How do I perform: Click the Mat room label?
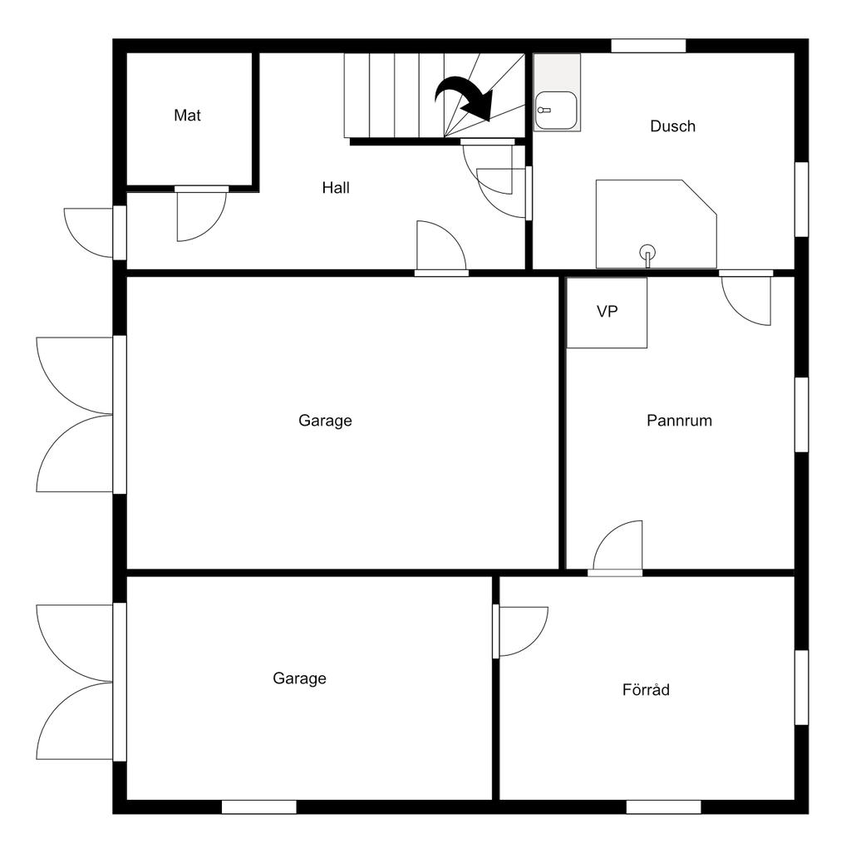(x=187, y=116)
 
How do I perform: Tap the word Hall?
(x=336, y=188)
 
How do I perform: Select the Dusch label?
(x=672, y=126)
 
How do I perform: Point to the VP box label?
(x=608, y=312)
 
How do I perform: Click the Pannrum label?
(x=679, y=421)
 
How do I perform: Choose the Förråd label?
(x=646, y=690)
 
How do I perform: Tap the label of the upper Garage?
(x=325, y=421)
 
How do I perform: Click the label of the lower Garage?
(x=299, y=678)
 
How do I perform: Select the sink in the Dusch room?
(x=556, y=110)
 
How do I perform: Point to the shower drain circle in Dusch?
(x=647, y=251)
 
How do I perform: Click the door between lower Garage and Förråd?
(x=521, y=630)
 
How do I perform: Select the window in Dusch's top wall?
(x=648, y=46)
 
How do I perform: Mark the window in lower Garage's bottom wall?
(x=258, y=806)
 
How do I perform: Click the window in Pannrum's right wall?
(x=801, y=414)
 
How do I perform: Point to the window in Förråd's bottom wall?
(x=663, y=806)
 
